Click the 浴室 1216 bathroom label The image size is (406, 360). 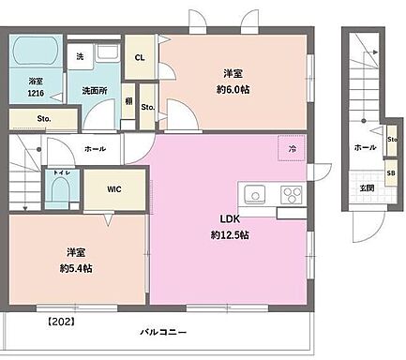37,87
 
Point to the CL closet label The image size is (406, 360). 139,57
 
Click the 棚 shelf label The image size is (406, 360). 128,100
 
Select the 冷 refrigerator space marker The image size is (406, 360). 293,148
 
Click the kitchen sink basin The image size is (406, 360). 255,195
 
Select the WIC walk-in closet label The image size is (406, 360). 113,188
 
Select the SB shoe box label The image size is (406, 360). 390,174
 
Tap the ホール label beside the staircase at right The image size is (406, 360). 364,147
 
